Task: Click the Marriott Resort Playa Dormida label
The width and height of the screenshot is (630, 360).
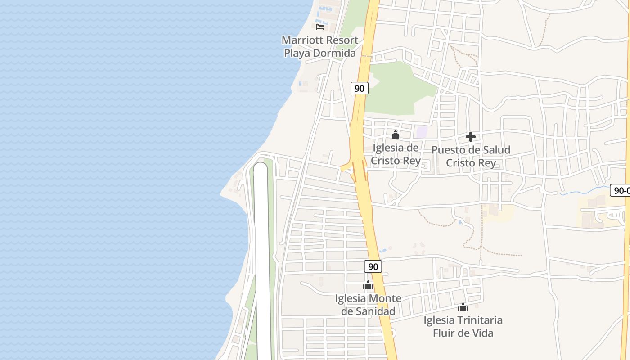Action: (x=319, y=46)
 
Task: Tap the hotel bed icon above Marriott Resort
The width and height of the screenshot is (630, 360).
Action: (x=320, y=27)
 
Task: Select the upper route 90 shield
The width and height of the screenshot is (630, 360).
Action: (x=359, y=88)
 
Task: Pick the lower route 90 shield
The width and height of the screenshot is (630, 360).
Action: (x=373, y=266)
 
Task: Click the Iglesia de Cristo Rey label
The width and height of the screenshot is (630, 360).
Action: (x=396, y=154)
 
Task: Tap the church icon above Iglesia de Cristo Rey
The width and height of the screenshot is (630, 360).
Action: (x=396, y=135)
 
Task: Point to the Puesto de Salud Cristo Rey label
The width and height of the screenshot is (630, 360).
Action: (x=471, y=156)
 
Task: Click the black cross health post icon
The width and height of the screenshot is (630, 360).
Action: (x=471, y=137)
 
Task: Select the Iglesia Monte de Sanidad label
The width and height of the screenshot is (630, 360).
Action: (x=368, y=305)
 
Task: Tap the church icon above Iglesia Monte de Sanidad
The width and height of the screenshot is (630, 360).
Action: (x=368, y=285)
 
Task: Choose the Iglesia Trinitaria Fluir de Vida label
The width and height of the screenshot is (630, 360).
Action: (x=463, y=326)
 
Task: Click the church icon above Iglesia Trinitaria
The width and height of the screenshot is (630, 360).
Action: (x=463, y=307)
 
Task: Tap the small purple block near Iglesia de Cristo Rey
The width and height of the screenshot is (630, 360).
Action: (x=422, y=132)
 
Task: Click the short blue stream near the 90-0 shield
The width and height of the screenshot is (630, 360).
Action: (x=580, y=191)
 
